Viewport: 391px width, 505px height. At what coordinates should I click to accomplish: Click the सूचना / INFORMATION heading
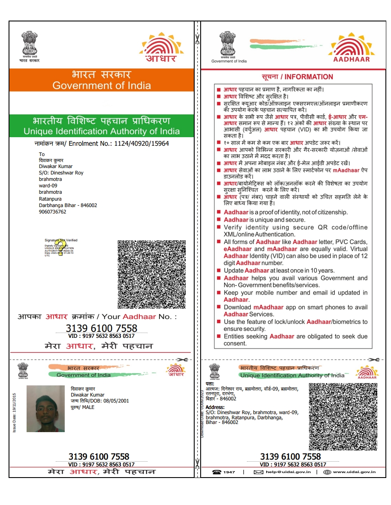point(297,77)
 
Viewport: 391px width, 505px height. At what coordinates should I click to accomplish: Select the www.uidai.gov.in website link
point(354,472)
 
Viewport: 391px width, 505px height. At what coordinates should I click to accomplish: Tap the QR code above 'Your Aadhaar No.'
point(152,274)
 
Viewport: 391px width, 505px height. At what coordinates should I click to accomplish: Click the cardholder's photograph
point(45,408)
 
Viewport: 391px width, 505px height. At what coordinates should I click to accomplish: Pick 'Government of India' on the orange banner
point(102,85)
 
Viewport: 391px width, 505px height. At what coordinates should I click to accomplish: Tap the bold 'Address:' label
point(215,407)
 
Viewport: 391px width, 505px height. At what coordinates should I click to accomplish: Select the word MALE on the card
point(88,407)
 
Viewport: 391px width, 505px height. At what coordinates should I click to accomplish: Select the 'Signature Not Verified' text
point(61,240)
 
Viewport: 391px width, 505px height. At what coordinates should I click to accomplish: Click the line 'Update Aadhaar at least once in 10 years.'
point(279,271)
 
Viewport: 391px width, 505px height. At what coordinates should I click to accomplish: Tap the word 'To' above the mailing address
point(42,154)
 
